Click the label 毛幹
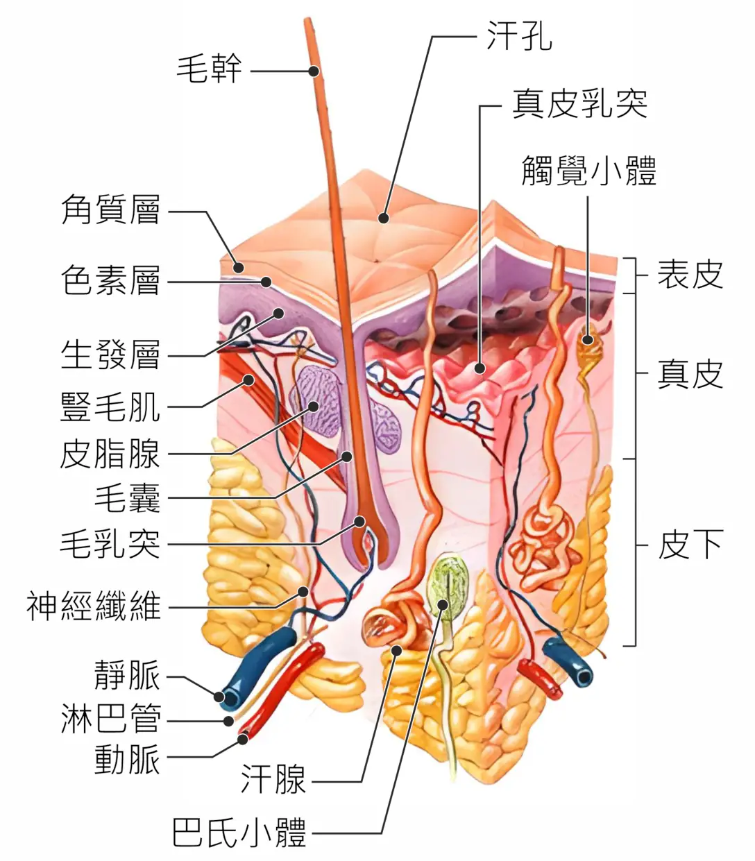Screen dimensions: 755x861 coord(209,69)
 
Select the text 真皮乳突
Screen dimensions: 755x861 coord(580,103)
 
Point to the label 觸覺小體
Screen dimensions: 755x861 coord(589,171)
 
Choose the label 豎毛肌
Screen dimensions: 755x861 coord(110,407)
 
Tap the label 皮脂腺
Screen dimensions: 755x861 coord(110,454)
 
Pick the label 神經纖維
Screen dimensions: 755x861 coord(94,606)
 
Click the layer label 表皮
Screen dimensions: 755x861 coord(690,275)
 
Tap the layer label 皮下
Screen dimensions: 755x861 coord(690,545)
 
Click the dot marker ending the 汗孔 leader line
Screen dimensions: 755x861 coord(384,218)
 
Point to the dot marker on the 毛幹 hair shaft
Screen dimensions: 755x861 coord(314,71)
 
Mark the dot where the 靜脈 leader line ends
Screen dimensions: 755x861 coord(219,697)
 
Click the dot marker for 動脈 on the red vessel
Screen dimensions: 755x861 coord(243,740)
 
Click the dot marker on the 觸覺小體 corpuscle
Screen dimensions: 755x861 coord(588,339)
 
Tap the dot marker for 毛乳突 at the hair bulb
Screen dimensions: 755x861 coord(359,522)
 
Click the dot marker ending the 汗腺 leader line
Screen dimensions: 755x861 coord(396,651)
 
